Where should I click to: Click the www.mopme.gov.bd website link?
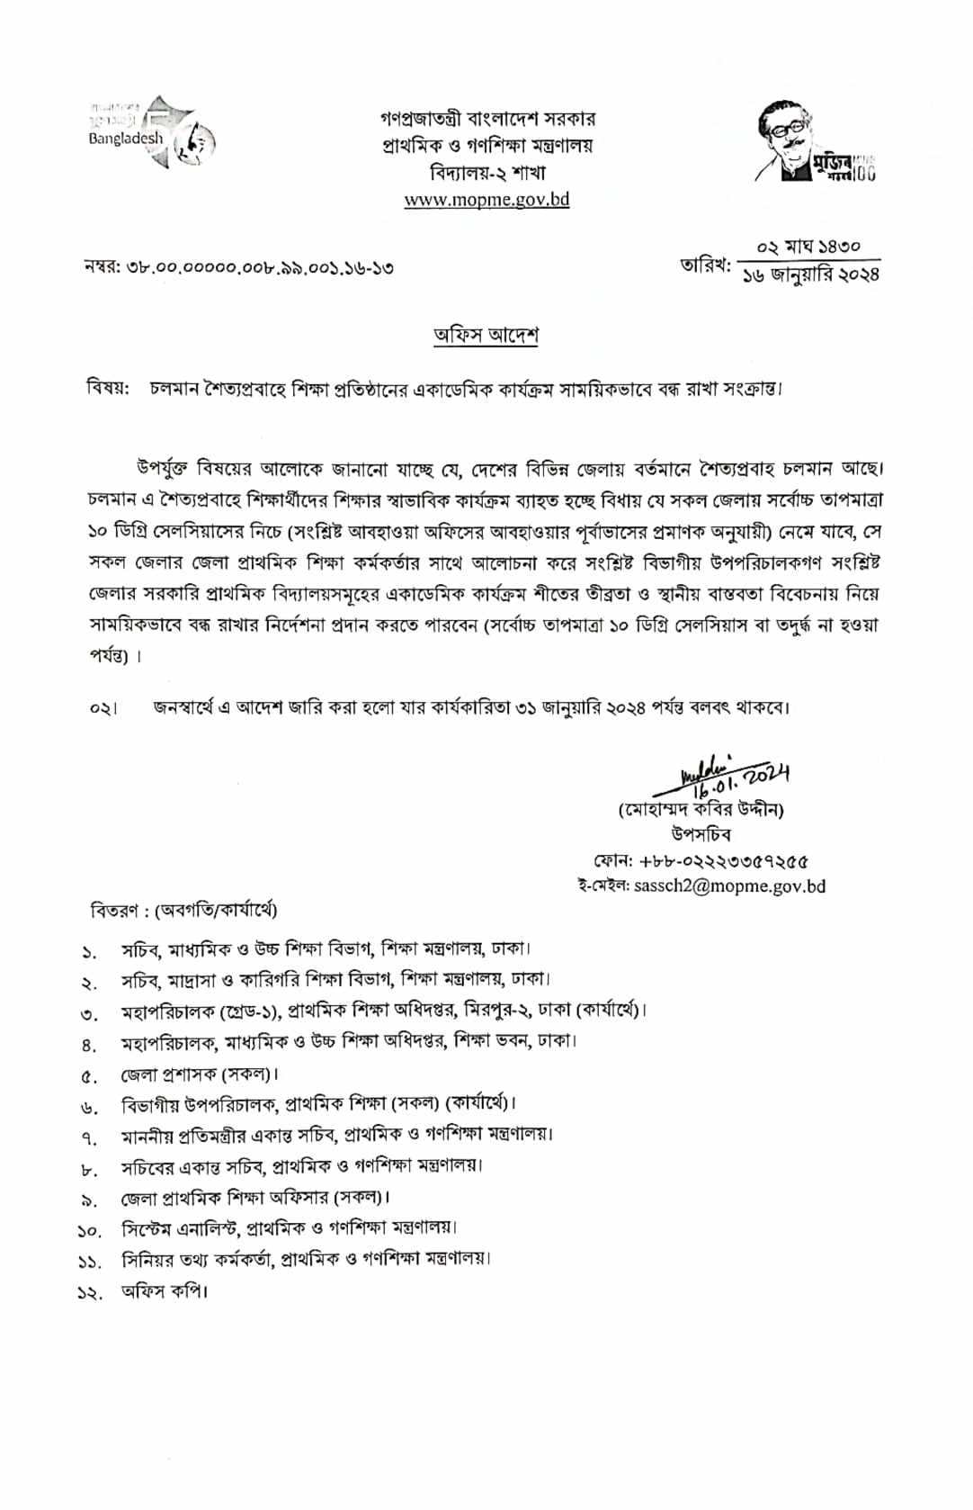(486, 199)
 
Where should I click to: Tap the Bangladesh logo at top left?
(152, 133)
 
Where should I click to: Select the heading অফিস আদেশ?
(486, 335)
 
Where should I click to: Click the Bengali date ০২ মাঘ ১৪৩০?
(808, 246)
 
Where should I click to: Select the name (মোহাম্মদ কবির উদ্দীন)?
(701, 809)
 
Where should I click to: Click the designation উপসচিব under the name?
(701, 834)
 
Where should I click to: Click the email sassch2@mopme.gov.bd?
(729, 885)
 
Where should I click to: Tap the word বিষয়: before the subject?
(108, 389)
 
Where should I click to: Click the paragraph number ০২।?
(103, 708)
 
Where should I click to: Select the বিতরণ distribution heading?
(183, 910)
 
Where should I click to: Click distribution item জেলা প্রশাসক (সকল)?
(200, 1074)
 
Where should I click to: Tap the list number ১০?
(89, 1230)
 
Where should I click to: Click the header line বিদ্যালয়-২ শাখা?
(487, 172)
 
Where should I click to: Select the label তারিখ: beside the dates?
(706, 265)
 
